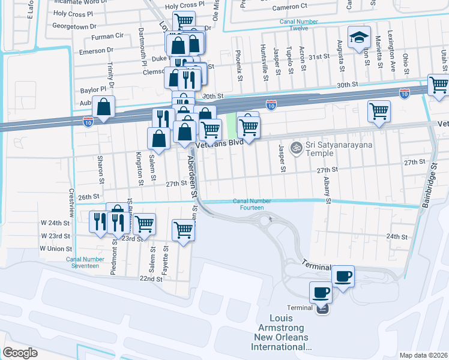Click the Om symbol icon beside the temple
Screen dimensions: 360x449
point(295,147)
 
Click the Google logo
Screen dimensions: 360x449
point(20,352)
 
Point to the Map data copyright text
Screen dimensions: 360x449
point(423,355)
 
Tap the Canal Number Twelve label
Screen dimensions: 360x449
point(298,25)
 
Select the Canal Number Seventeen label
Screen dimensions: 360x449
point(82,262)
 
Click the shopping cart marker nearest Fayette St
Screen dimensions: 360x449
point(184,229)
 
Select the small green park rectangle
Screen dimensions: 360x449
point(231,124)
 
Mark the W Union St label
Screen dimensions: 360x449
point(56,248)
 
